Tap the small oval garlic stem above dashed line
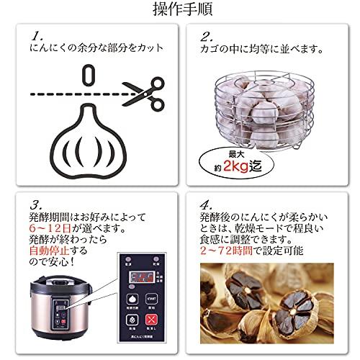click(89, 74)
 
